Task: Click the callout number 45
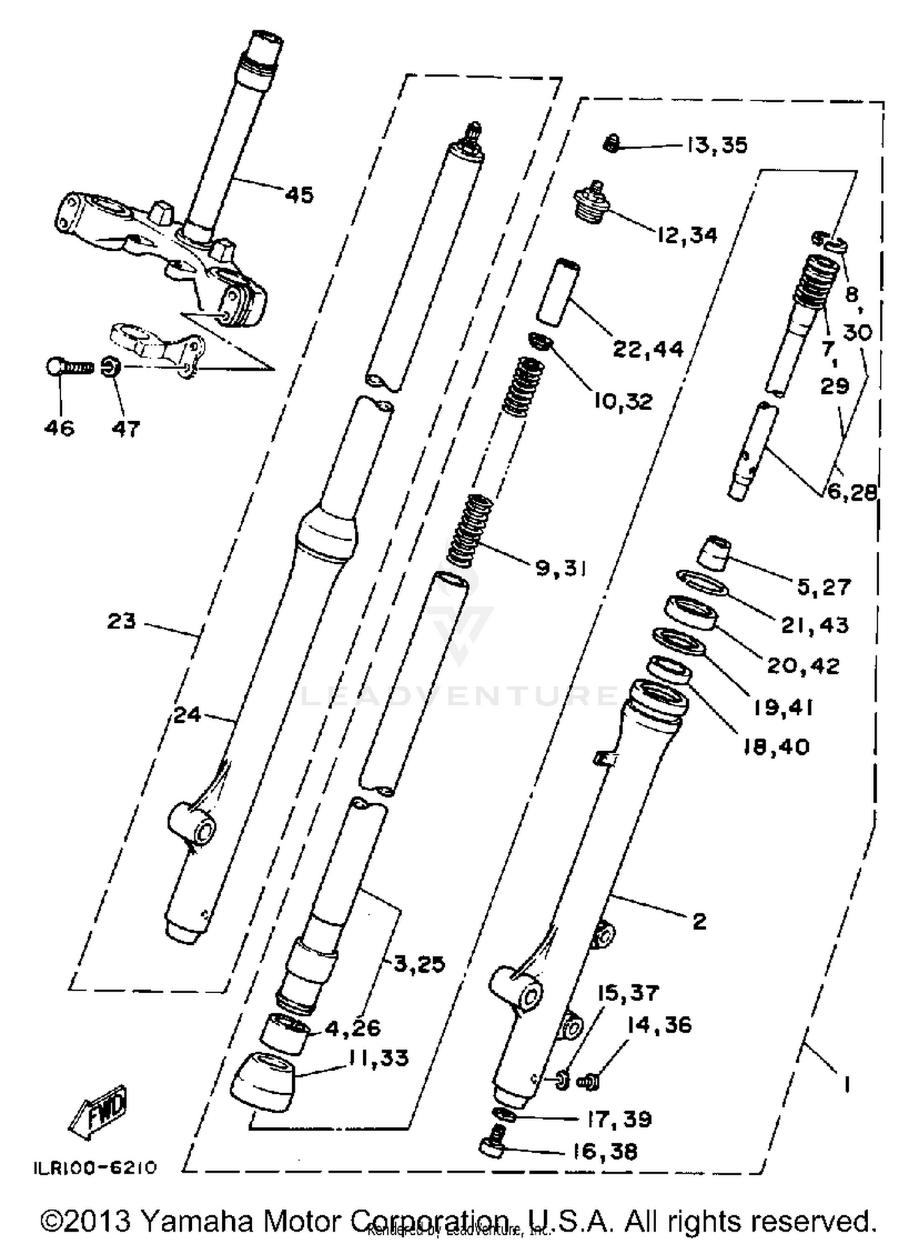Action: (x=299, y=195)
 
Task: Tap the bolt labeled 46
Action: (x=69, y=367)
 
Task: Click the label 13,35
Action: (x=716, y=145)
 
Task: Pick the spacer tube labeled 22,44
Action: (x=559, y=291)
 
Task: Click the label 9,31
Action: (x=561, y=568)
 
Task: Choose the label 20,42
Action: (x=803, y=665)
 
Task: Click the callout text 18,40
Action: (x=776, y=747)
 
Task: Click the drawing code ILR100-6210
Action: (x=95, y=1167)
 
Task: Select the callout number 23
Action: (x=121, y=621)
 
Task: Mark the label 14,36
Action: (x=659, y=1025)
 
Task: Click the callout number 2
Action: (x=699, y=922)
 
